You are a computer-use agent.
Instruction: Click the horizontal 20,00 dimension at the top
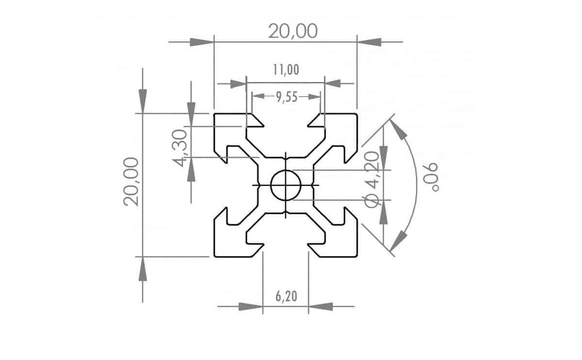point(293,31)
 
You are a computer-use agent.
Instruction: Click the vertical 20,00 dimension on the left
point(131,181)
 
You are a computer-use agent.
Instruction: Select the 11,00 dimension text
point(286,70)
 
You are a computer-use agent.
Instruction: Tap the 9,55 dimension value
point(286,97)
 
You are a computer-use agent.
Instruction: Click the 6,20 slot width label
point(286,296)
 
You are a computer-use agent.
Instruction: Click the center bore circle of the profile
point(286,185)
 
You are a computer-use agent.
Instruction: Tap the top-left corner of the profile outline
point(215,115)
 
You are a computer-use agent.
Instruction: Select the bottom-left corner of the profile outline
point(215,255)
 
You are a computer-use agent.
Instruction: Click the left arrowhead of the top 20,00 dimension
point(202,42)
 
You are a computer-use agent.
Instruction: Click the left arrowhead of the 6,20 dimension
point(251,306)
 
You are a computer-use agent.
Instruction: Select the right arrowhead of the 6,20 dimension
point(321,306)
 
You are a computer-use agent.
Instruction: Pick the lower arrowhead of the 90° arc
point(398,241)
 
